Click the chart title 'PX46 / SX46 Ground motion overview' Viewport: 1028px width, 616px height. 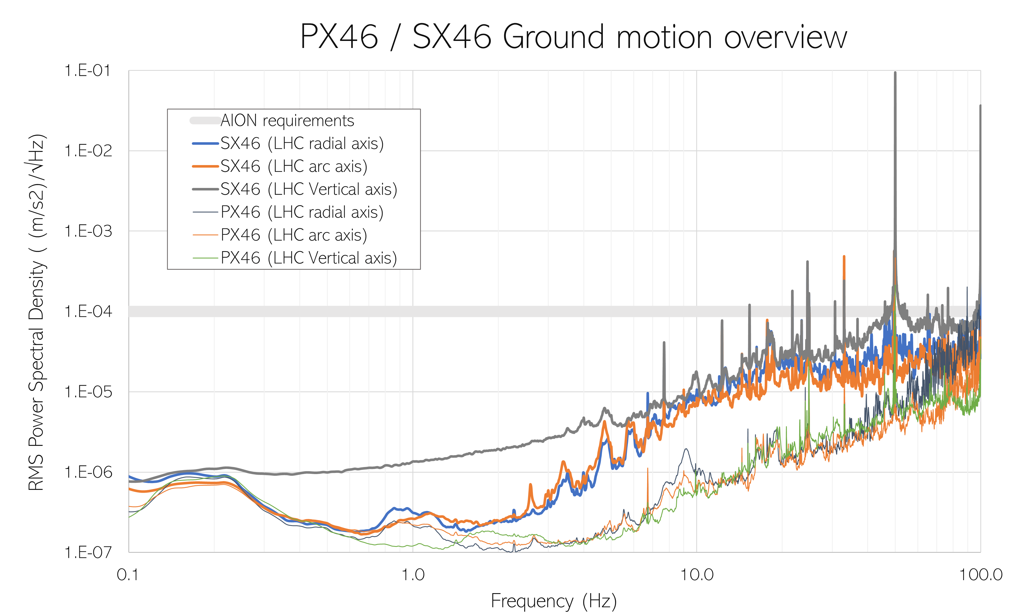coord(573,37)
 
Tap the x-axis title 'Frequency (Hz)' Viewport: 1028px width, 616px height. coord(554,601)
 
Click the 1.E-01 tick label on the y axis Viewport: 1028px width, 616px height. coord(88,71)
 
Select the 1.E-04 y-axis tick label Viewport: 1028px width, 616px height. coord(88,311)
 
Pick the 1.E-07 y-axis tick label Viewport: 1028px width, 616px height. coord(88,553)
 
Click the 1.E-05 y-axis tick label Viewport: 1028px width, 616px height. coord(88,392)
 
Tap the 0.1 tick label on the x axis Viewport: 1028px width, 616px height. coord(128,575)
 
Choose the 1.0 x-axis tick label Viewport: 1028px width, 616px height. coord(413,575)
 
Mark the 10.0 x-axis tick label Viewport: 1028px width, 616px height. coord(697,575)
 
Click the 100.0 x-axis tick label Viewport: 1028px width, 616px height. coord(981,575)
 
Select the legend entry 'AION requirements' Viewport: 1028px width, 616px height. coord(287,121)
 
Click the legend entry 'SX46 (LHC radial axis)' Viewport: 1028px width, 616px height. coord(302,144)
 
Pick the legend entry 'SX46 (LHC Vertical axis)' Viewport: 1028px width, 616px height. coord(309,189)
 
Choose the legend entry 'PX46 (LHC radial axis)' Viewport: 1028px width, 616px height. coord(302,212)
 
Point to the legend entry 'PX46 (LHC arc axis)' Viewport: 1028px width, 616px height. coord(294,235)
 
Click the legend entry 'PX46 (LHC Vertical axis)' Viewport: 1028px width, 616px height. coord(309,258)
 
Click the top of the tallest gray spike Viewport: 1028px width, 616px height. coord(895,73)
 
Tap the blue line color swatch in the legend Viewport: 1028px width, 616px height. coord(205,144)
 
